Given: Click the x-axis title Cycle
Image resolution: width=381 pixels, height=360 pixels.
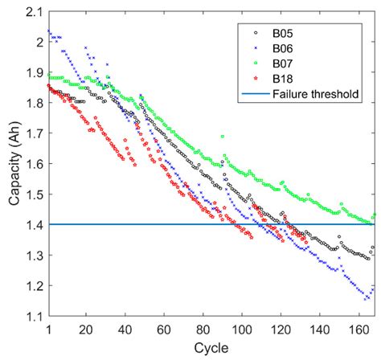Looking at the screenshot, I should [x=211, y=350].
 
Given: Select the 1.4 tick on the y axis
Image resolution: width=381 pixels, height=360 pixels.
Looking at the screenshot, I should [x=35, y=225].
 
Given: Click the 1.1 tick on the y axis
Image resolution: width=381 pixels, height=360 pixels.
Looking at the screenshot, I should [x=35, y=317].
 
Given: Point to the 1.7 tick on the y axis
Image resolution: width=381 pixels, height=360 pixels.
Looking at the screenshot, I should [x=35, y=133].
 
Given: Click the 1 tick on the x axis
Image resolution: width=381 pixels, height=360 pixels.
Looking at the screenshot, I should [x=49, y=329].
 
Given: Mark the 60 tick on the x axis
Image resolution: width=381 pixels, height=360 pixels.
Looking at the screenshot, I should [x=162, y=329].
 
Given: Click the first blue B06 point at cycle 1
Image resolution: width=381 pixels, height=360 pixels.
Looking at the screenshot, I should [x=49, y=31].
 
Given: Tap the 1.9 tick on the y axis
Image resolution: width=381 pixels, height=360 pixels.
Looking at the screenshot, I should [x=35, y=72].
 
